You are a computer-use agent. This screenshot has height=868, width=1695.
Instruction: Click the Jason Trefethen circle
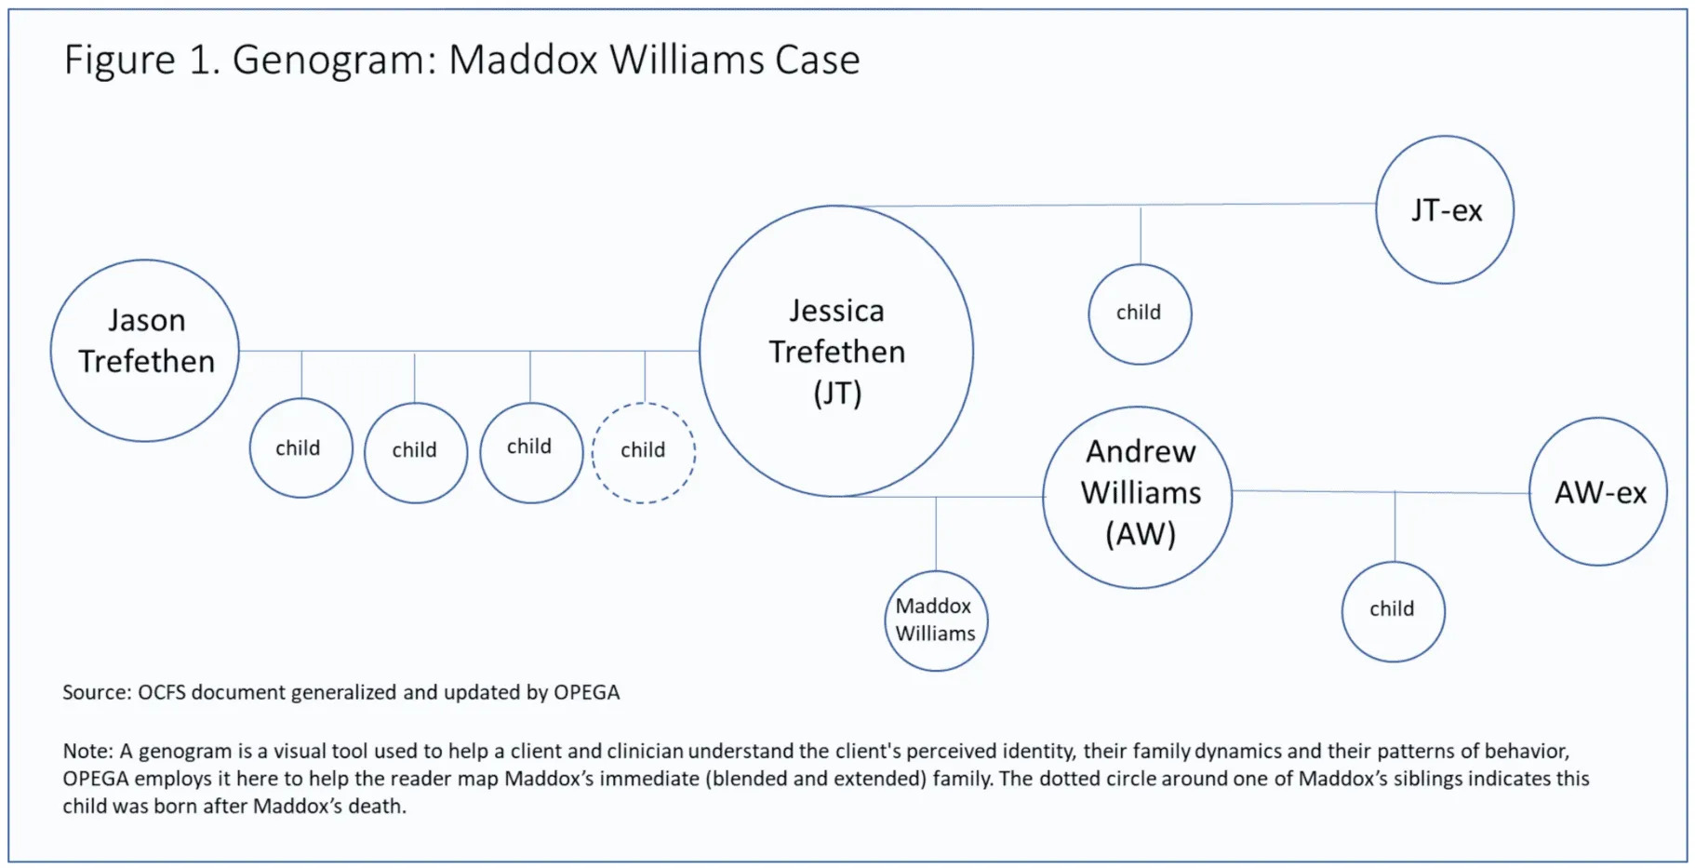(x=145, y=350)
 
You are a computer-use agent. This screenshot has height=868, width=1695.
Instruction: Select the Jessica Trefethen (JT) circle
(x=836, y=351)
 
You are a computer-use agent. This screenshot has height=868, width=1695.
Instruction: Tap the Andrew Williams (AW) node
(x=1138, y=497)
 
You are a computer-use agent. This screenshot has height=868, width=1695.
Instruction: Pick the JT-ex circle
(x=1445, y=209)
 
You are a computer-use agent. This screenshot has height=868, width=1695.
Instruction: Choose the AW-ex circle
(x=1598, y=491)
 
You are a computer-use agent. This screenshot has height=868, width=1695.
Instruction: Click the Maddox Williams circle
(x=936, y=621)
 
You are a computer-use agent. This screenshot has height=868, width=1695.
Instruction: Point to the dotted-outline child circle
(x=644, y=452)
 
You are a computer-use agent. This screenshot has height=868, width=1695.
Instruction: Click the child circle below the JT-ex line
(x=1140, y=314)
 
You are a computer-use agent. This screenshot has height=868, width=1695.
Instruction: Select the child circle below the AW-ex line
(x=1393, y=611)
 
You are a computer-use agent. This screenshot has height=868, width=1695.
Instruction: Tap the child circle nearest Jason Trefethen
(x=300, y=448)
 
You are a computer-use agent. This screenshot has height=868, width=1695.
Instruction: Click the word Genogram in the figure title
(x=334, y=60)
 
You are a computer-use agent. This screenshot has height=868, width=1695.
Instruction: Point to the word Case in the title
(x=817, y=60)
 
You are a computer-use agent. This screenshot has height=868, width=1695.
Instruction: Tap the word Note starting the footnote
(x=87, y=751)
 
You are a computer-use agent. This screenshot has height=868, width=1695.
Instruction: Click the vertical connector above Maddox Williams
(x=936, y=533)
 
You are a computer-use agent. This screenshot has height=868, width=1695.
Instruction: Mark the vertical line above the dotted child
(x=645, y=376)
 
